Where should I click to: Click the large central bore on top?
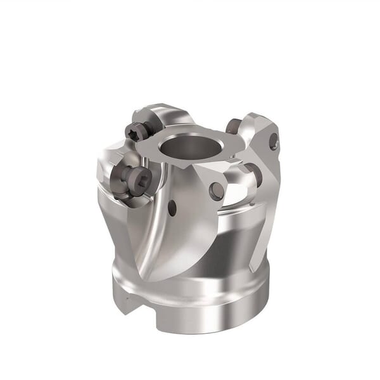point(191,148)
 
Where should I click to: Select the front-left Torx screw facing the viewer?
point(136,180)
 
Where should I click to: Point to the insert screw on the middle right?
point(253,175)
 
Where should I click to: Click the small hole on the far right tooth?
point(274,141)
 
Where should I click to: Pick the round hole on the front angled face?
point(217,190)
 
